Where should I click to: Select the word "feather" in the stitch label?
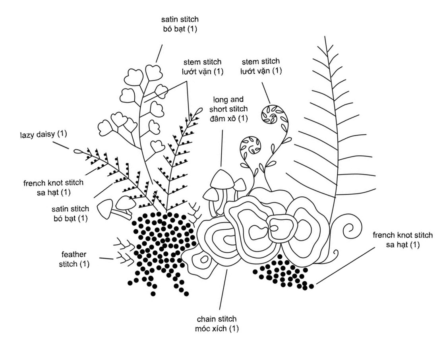(74, 254)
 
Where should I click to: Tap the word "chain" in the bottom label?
(206, 319)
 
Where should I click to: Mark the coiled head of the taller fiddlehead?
(272, 114)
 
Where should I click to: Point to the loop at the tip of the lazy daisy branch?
(78, 151)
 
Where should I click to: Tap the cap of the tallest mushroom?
(220, 179)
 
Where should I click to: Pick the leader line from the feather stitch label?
(106, 259)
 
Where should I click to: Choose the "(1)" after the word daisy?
(62, 134)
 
